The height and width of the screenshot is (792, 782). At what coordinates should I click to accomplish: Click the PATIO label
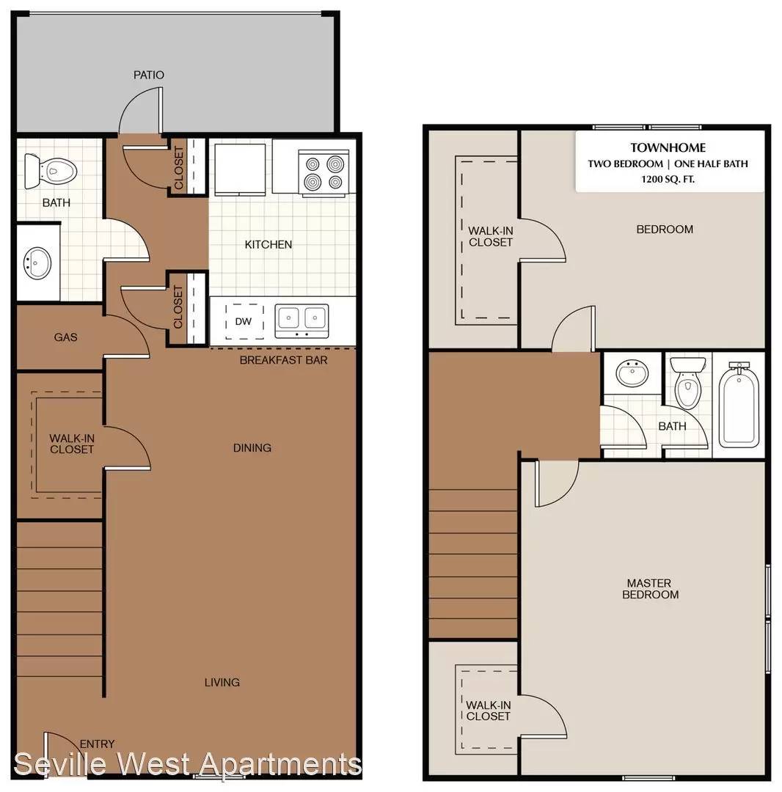[148, 75]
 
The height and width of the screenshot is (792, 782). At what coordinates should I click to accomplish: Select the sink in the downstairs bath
[37, 263]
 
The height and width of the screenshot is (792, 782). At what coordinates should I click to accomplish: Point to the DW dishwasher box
[244, 321]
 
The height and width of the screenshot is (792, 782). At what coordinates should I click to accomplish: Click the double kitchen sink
[302, 320]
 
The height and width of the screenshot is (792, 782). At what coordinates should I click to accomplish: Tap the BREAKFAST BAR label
[283, 360]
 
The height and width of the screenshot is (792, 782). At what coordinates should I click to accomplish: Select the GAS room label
[66, 337]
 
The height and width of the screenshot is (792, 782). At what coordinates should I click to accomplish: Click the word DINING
[252, 447]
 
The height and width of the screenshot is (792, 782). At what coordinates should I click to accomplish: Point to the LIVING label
[222, 683]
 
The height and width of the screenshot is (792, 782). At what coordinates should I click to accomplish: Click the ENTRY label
[97, 744]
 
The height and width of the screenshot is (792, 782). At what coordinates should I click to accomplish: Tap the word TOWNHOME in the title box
[668, 147]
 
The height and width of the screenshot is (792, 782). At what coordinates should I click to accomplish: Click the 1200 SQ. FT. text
[668, 179]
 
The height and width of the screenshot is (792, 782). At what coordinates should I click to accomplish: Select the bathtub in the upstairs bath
[739, 405]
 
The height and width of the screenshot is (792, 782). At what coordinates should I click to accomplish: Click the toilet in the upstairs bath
[687, 382]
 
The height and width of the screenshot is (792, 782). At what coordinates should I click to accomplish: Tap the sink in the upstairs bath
[632, 373]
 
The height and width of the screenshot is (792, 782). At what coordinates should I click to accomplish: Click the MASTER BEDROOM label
[650, 589]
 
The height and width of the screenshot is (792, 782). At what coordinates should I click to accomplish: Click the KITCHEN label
[268, 244]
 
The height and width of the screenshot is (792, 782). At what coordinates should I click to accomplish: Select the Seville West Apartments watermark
[187, 763]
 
